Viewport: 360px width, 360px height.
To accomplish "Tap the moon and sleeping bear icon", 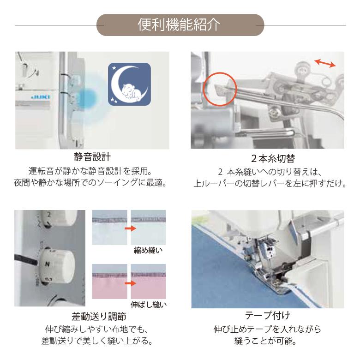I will tap(129, 84).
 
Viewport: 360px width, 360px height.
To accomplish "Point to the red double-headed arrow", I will tap(324, 64).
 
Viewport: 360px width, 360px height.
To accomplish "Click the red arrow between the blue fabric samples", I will tap(131, 228).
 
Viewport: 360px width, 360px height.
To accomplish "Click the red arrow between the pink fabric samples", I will tap(131, 283).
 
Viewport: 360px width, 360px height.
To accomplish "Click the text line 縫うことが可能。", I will tap(268, 342).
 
